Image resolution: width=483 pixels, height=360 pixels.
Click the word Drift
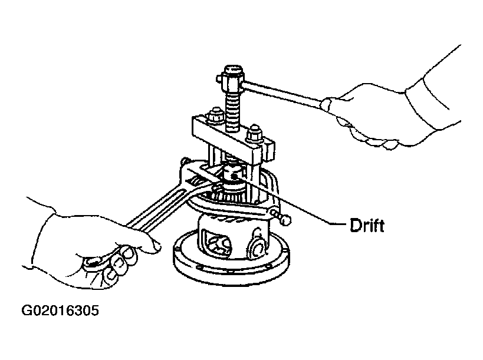(367, 225)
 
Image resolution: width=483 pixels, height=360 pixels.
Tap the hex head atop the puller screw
(230, 78)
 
